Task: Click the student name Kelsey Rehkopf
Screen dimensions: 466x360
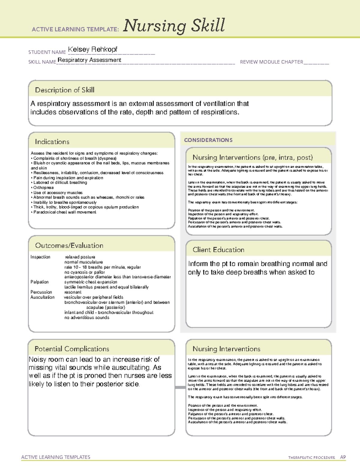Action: pos(92,49)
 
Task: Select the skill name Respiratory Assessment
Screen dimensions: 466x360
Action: pos(89,60)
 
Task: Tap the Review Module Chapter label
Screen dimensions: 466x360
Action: pos(271,62)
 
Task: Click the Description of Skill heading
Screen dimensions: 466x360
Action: pos(64,90)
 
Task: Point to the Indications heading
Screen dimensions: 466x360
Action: pos(52,142)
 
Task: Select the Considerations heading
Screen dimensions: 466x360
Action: pos(208,140)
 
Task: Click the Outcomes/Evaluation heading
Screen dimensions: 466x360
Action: pos(69,245)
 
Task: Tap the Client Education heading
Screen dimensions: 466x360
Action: pos(218,250)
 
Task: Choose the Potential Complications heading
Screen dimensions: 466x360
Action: pos(72,349)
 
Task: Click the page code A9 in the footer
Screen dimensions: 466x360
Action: pos(343,457)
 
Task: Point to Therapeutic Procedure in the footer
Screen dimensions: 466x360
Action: pos(311,458)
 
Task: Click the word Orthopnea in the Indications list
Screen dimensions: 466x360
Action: pos(43,188)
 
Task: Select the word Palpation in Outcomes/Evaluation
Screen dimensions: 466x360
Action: pos(39,282)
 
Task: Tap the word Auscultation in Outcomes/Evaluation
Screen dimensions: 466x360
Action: pos(42,297)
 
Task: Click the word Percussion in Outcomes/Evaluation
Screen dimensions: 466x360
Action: pos(41,292)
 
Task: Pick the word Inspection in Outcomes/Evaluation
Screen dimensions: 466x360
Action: pos(40,257)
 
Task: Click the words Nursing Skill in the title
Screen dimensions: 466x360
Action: pos(174,26)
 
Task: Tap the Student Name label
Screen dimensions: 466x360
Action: pos(47,52)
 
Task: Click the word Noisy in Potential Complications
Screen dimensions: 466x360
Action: pos(38,359)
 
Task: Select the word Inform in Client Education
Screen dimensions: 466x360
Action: pos(198,264)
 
